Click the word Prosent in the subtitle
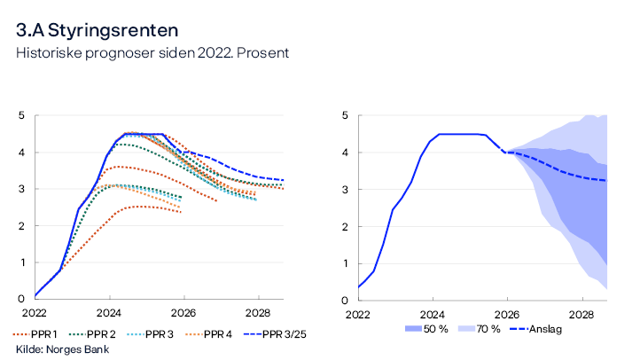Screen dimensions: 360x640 click(261, 53)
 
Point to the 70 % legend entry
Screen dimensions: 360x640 click(485, 329)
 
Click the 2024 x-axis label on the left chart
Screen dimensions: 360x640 click(110, 314)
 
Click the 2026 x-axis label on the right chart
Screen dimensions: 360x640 click(507, 314)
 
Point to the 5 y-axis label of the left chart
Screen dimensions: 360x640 click(22, 115)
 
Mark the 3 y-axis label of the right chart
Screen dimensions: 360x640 click(345, 190)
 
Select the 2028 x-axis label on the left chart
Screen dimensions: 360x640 click(259, 314)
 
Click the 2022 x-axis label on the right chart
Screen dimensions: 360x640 click(358, 314)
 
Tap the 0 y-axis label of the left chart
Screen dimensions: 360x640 click(22, 300)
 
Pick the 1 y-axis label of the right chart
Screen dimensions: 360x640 click(345, 263)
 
